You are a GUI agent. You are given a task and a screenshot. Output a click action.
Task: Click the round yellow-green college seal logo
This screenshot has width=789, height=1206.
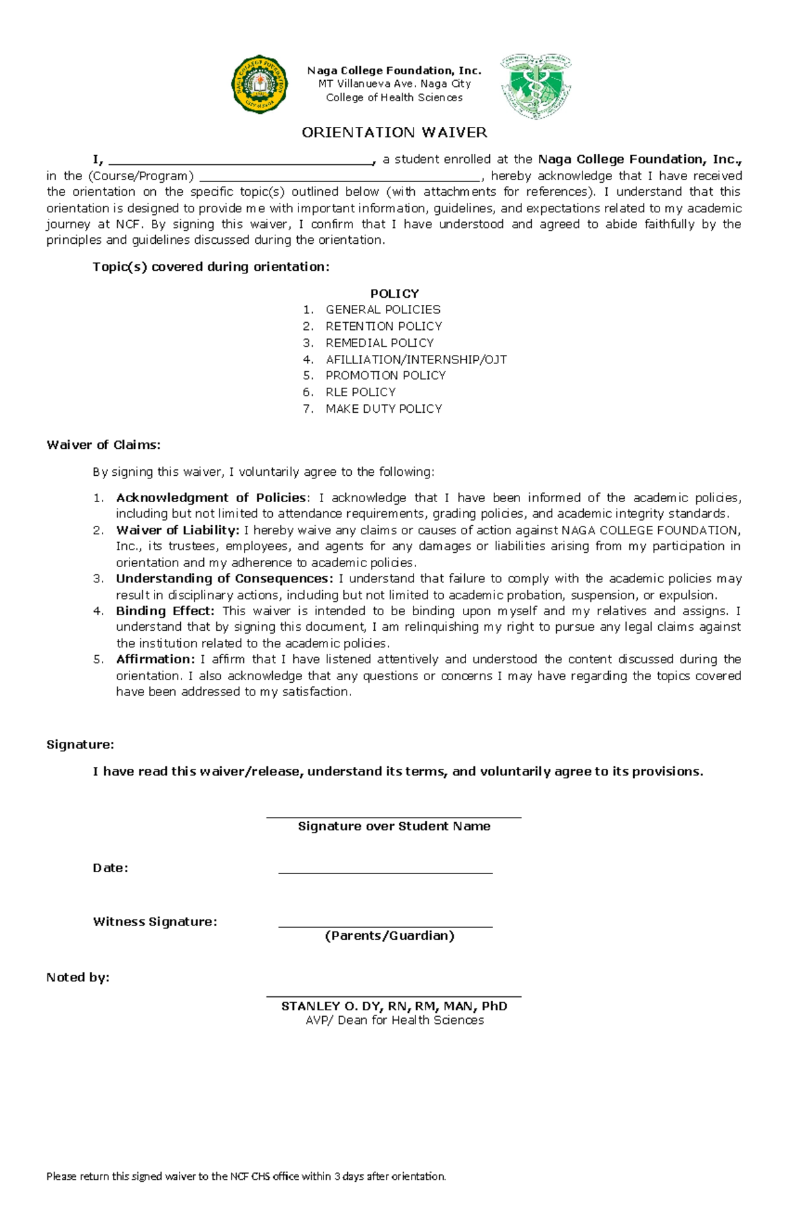point(260,84)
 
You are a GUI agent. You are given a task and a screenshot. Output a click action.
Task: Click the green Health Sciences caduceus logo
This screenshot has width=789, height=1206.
point(536,86)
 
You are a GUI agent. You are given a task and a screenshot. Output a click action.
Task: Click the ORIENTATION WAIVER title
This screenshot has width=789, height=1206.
point(394,133)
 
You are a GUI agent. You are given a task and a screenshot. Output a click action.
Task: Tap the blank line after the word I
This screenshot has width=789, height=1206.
point(240,162)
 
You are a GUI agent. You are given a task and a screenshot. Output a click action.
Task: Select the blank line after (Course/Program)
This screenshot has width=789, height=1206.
point(339,178)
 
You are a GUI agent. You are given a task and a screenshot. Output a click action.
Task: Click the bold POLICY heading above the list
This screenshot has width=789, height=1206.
point(394,294)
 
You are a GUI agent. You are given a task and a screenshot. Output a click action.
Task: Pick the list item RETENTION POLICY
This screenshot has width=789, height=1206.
point(383,327)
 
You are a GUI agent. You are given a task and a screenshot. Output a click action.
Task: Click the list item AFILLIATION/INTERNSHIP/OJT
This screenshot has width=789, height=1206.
point(416,359)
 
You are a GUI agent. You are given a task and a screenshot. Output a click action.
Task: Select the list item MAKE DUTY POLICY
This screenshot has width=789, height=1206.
point(383,409)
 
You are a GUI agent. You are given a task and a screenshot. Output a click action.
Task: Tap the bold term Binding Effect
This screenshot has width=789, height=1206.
point(165,611)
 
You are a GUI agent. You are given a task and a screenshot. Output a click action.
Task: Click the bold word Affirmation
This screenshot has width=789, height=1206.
point(155,659)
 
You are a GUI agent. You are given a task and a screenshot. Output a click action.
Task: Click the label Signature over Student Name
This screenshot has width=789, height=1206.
point(394,827)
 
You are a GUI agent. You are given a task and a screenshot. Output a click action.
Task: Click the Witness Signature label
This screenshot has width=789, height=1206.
point(155,922)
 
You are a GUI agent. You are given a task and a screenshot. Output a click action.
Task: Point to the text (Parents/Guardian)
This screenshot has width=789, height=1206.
point(390,936)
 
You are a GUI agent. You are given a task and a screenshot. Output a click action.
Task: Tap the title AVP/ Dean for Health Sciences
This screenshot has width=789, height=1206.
point(394,1021)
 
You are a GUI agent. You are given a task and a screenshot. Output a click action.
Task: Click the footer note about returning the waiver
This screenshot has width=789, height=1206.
point(246,1176)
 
